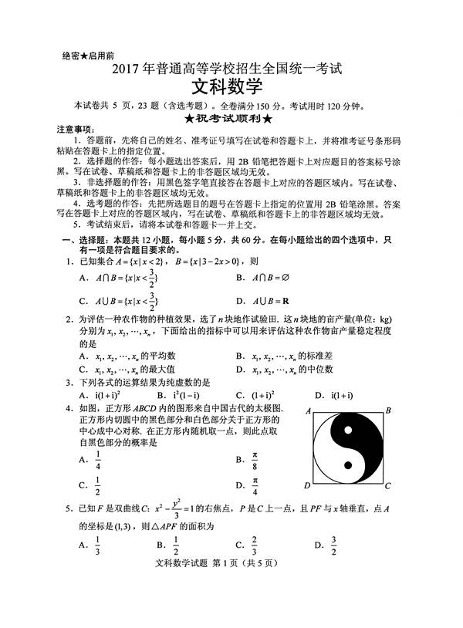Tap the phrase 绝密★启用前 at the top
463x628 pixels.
pos(86,56)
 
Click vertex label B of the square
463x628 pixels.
pos(388,410)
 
